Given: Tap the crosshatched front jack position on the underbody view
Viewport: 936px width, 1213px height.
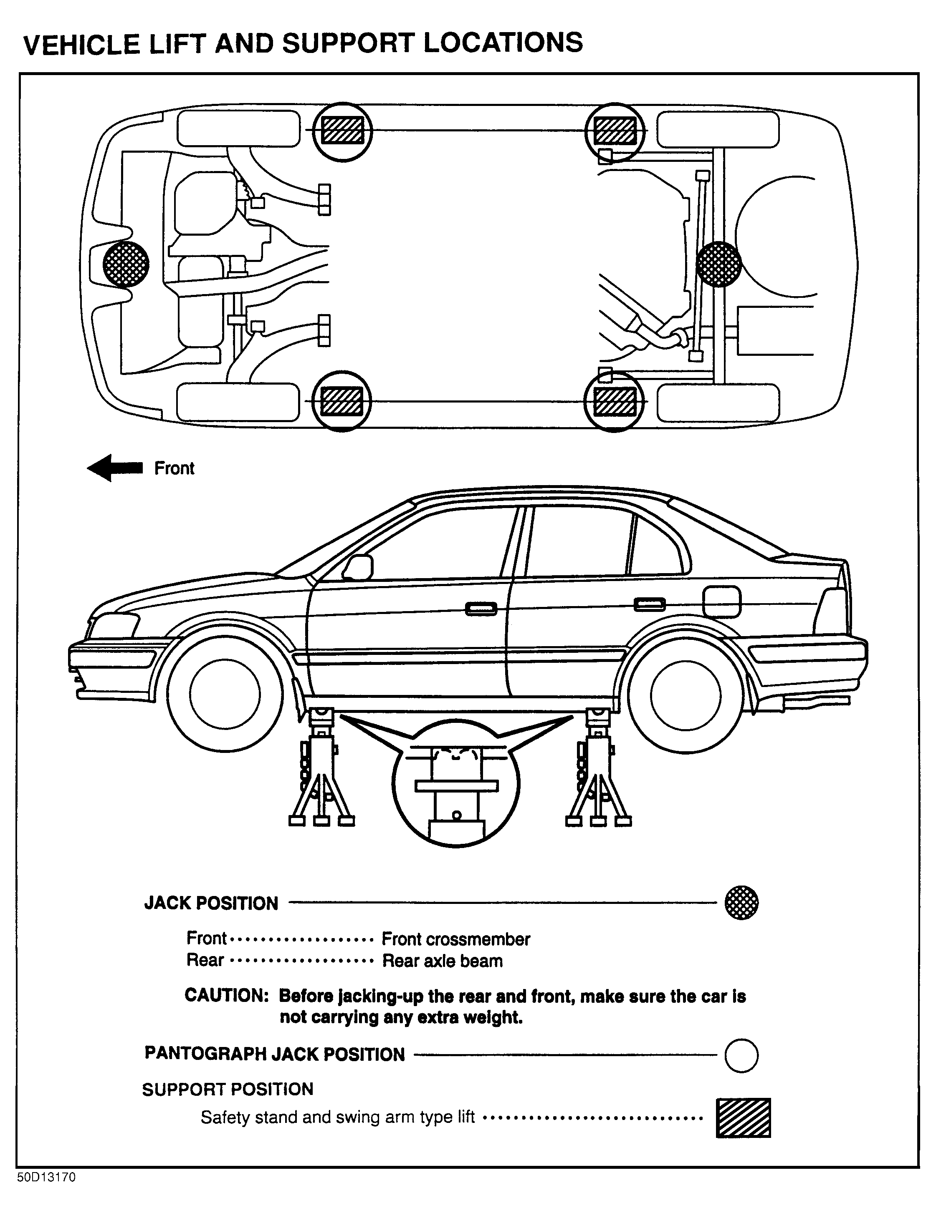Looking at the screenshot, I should click(126, 264).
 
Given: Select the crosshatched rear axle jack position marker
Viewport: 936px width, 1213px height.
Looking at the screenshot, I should click(718, 264).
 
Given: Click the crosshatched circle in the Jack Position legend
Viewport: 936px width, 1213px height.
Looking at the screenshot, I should click(741, 903).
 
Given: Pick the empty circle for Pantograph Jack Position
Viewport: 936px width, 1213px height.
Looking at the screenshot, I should click(741, 1055).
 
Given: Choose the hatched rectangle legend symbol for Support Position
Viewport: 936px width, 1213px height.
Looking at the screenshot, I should click(743, 1117).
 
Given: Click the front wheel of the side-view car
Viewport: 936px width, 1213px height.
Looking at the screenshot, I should click(225, 694).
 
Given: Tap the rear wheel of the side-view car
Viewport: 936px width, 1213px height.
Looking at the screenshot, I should click(686, 695).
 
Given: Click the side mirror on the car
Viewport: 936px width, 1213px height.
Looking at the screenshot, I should click(359, 568).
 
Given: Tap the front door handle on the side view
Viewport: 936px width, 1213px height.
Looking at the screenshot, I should click(481, 609).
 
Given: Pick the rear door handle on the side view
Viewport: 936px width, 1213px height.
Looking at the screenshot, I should click(650, 605).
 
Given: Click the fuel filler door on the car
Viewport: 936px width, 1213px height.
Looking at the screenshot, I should click(721, 601).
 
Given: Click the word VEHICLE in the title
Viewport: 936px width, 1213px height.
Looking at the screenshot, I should click(82, 45).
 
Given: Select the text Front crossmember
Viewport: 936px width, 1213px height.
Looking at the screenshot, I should click(456, 939).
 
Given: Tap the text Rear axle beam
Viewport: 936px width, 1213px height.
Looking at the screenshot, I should click(443, 961).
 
